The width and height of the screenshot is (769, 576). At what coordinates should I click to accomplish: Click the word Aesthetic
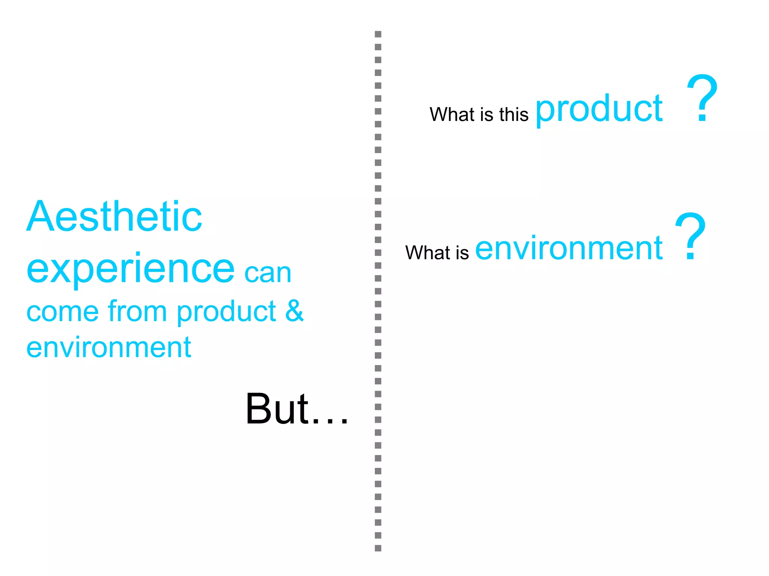point(115,217)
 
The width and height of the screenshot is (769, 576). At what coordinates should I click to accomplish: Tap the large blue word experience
point(131,269)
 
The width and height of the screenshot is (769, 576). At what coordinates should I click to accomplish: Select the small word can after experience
point(268,273)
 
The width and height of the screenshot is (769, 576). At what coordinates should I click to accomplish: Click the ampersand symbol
point(294,311)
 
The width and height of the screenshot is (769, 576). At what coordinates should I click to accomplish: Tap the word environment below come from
point(109,348)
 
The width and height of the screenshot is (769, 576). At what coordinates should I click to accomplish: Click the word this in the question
point(514,114)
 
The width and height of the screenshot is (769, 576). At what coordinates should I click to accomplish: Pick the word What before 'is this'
point(452,114)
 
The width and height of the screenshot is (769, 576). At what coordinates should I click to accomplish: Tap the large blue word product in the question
point(599,110)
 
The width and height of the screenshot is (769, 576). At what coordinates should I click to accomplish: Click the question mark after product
point(702,99)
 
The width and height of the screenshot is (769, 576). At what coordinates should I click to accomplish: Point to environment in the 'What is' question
point(569,248)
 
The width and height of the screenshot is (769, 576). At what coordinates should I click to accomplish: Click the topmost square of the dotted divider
point(378,34)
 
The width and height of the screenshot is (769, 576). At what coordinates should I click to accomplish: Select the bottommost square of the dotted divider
point(378,548)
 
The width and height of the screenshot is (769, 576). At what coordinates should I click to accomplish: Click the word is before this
point(487,114)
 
